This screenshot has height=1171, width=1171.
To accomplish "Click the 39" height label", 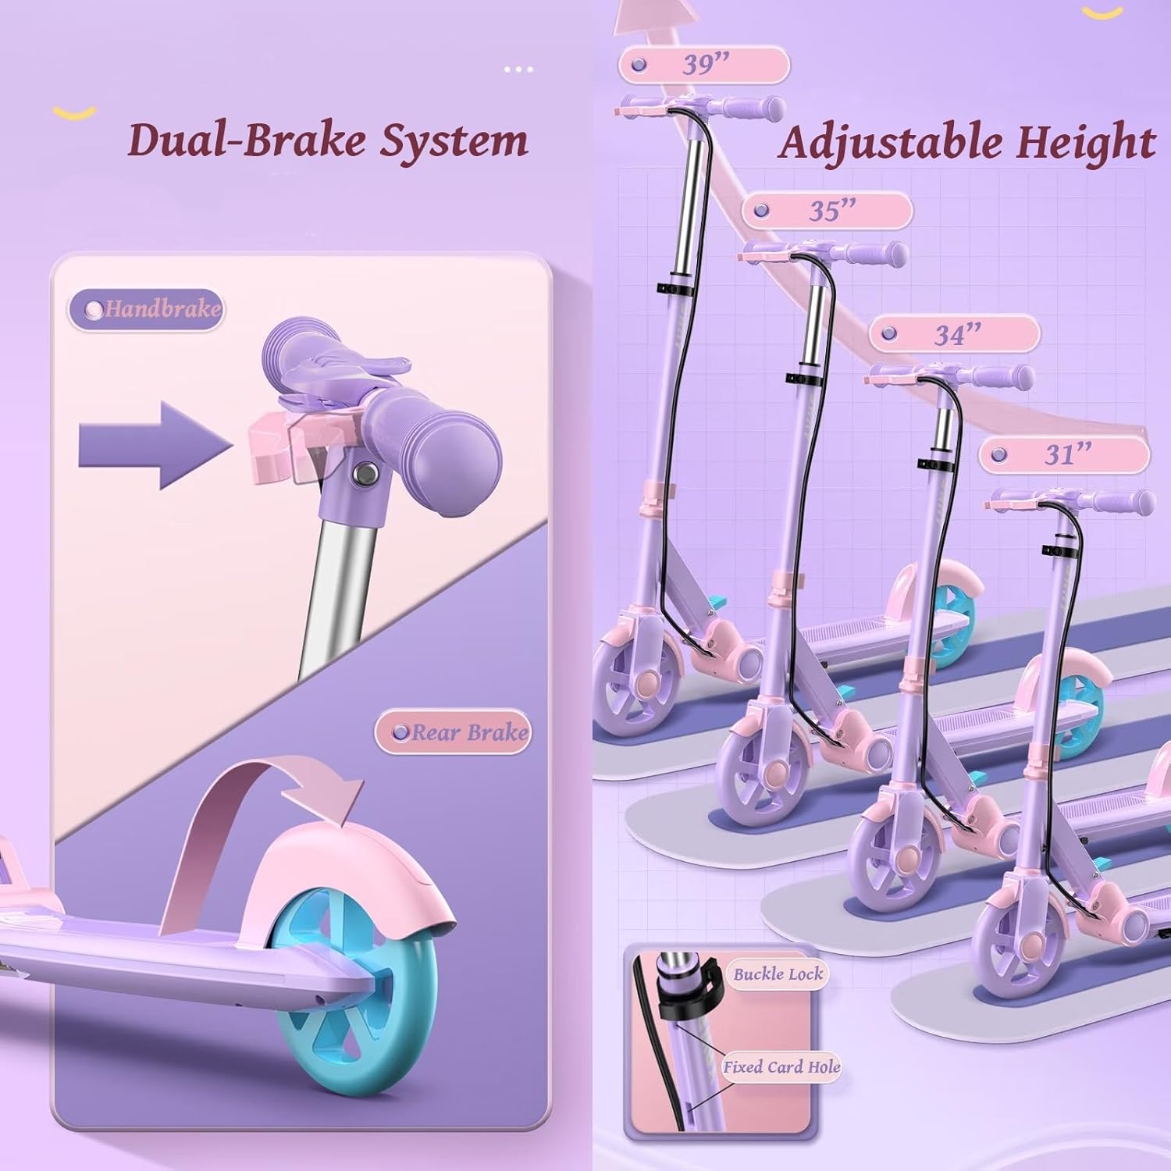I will pyautogui.click(x=704, y=65).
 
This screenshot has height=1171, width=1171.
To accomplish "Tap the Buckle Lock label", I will pyautogui.click(x=778, y=973).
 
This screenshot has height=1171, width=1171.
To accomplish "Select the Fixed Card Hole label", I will pyautogui.click(x=781, y=1066).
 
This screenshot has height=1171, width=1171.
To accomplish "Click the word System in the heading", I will pyautogui.click(x=454, y=141).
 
